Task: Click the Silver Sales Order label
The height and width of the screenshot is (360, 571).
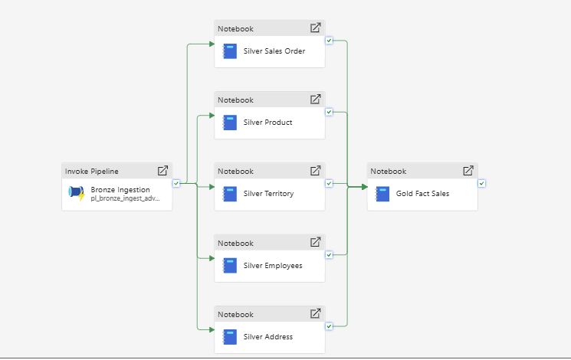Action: click(x=274, y=51)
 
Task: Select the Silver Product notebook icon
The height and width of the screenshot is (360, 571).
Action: click(x=230, y=123)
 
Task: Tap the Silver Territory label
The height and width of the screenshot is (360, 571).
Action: click(x=268, y=194)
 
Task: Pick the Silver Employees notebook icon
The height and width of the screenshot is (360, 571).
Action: click(x=230, y=266)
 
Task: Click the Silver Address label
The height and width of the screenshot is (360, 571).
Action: click(x=268, y=337)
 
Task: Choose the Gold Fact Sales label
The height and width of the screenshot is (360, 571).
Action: click(x=422, y=194)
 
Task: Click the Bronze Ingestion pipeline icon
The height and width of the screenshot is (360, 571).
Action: click(x=77, y=193)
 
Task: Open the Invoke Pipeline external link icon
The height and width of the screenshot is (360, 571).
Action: click(x=162, y=170)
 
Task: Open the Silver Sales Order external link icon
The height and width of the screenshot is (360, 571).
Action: click(x=315, y=28)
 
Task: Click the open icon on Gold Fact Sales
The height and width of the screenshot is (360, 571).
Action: click(x=468, y=170)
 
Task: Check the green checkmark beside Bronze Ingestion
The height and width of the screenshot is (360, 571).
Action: click(x=176, y=184)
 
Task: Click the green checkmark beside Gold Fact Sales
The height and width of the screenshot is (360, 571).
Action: click(x=482, y=184)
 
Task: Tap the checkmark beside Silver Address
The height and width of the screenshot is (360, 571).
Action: click(x=329, y=326)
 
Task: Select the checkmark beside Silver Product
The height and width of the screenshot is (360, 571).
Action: click(x=329, y=112)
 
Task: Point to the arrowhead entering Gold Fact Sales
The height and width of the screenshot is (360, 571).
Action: click(x=365, y=187)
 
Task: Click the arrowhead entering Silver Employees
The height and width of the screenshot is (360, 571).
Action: click(x=212, y=258)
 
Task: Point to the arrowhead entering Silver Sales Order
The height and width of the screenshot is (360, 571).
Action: click(x=212, y=44)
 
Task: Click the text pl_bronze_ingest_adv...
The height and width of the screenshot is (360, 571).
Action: click(x=125, y=198)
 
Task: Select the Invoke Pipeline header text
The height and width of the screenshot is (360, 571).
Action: click(x=92, y=172)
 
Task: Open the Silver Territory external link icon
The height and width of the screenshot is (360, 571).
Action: click(x=315, y=170)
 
